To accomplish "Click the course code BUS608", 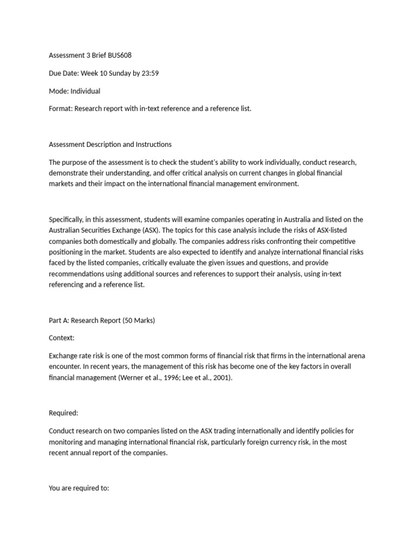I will (120, 55).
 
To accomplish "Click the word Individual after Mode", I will (85, 91).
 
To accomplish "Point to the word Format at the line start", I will (60, 109).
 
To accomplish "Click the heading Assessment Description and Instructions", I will (110, 144).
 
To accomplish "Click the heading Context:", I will (62, 338).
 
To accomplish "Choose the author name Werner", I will (128, 377).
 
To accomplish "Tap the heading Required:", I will (63, 413).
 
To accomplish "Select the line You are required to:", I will (79, 488).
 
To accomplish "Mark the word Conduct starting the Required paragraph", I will (61, 431).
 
